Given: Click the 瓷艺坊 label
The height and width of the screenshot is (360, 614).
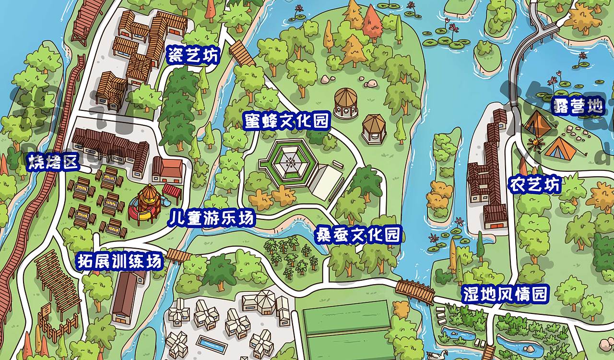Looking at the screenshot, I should (192, 56).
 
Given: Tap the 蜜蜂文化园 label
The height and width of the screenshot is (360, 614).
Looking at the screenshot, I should (286, 120).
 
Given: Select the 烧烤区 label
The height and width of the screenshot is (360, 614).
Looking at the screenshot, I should (52, 162).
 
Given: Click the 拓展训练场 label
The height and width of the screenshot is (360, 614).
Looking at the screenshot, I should (120, 262).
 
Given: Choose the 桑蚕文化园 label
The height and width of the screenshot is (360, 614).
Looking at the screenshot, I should (358, 235).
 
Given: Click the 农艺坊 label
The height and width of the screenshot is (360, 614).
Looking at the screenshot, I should (535, 184).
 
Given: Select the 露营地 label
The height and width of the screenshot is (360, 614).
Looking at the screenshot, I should (578, 106).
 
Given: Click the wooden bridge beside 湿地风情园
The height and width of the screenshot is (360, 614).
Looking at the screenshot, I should (415, 290).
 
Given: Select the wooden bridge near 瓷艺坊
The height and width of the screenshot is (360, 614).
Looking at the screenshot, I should (242, 53).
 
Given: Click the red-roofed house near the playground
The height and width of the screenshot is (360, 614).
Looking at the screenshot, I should (167, 170).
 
